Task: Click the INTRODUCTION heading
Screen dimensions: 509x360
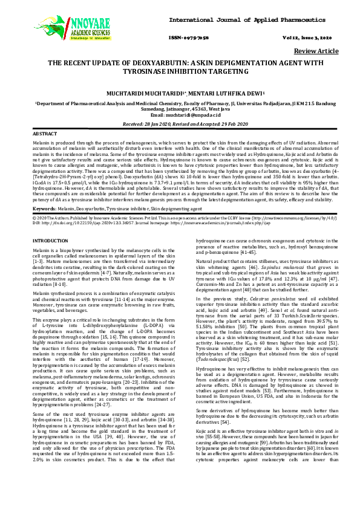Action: pyautogui.click(x=50, y=241)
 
